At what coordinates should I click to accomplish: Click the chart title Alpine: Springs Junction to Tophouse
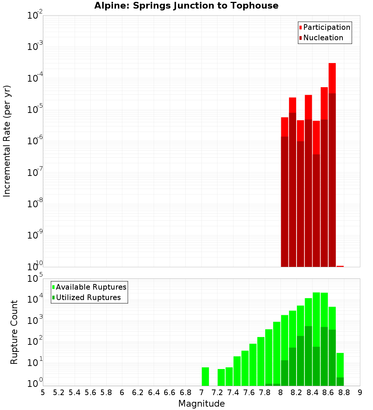tap(186, 6)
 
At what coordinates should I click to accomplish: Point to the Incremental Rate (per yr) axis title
tap(7, 141)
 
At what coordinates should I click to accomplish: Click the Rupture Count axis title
tap(14, 332)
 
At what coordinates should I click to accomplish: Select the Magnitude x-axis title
tap(201, 404)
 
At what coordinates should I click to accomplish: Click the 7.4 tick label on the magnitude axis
tap(233, 392)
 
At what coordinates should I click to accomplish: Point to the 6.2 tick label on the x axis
tap(138, 392)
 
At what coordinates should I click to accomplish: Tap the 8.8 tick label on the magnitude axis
tap(344, 392)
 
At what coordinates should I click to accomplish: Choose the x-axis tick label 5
tap(43, 392)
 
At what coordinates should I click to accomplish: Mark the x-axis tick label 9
tap(360, 392)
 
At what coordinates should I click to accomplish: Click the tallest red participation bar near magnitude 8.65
tap(332, 78)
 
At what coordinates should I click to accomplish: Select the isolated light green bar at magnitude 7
tap(205, 376)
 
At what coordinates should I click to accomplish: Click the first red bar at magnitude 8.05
tap(285, 127)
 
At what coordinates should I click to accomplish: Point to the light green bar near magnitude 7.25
tap(221, 377)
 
